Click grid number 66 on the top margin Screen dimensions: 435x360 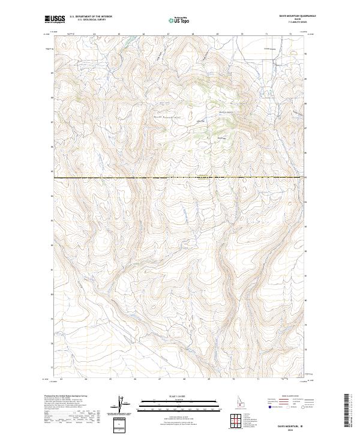tap(144, 34)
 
